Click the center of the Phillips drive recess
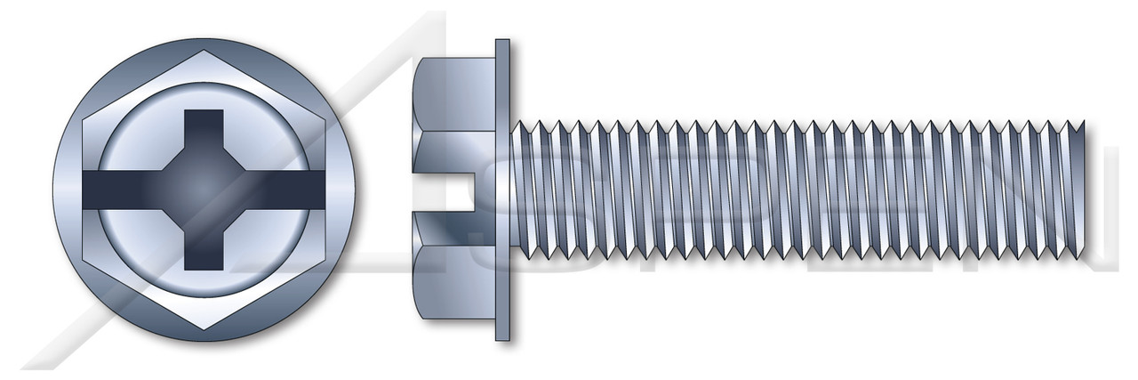click(204, 189)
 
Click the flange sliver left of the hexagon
click(67, 190)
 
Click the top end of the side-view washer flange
click(502, 44)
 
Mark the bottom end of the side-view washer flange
click(502, 335)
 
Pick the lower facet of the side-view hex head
click(453, 285)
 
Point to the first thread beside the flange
click(526, 190)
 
